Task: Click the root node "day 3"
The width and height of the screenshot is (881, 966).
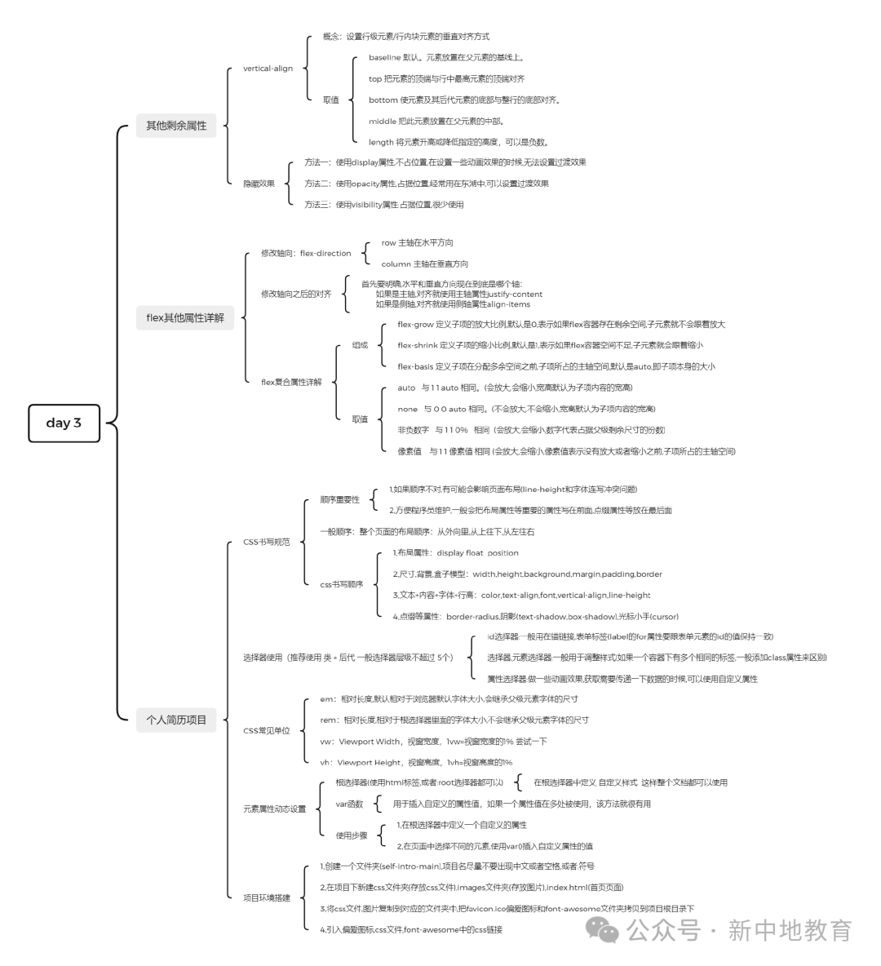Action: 64,423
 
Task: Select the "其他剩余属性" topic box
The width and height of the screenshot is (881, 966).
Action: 176,126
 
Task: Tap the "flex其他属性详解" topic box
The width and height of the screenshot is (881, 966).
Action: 185,317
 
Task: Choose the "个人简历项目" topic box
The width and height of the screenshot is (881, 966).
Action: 176,720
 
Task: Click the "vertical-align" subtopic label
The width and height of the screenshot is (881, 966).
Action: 268,69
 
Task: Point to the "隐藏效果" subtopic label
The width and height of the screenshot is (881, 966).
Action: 259,184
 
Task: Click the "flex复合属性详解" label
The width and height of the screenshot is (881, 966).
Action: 291,382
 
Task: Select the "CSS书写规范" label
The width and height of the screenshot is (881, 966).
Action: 266,542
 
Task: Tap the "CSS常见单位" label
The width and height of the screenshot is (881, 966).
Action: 266,731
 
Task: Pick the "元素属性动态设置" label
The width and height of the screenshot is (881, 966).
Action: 274,809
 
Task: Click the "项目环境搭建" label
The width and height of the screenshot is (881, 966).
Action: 266,898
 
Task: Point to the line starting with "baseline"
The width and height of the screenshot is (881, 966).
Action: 445,58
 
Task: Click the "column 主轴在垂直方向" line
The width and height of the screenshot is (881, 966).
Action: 424,264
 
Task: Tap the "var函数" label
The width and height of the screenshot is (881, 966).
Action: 349,804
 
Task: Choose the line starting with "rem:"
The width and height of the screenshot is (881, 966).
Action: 454,720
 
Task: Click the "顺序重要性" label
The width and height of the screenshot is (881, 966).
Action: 339,499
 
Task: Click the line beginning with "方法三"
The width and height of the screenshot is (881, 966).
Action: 383,205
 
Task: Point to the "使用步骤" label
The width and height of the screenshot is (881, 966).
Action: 352,835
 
